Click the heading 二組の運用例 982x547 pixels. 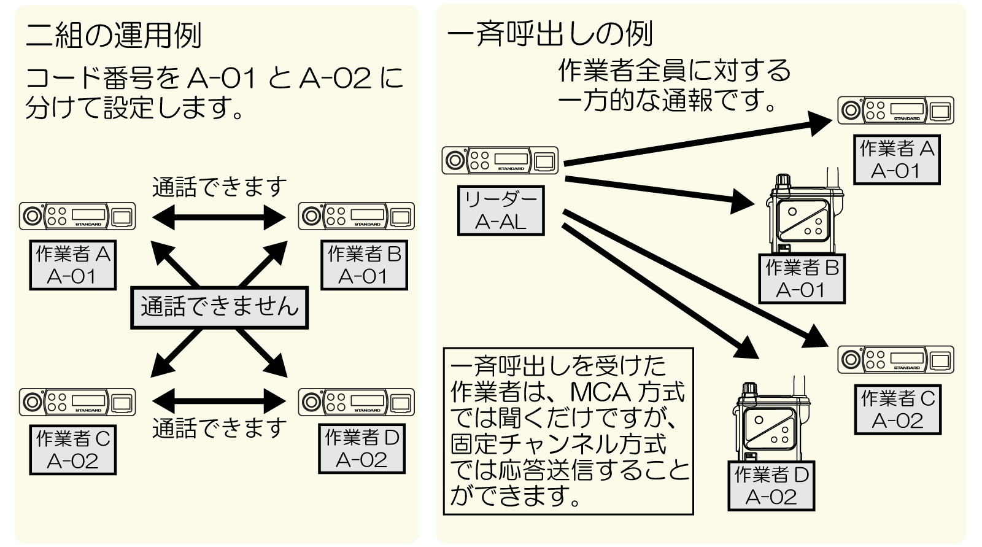point(114,36)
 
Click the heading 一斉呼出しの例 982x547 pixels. point(549,34)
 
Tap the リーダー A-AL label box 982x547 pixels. point(501,211)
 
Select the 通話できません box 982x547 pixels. point(219,307)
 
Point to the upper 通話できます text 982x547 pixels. point(219,187)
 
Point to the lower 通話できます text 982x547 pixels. point(219,428)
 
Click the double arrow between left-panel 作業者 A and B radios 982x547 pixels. point(219,217)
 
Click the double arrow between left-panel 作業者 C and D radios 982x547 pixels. point(219,402)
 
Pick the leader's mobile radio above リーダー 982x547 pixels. point(500,160)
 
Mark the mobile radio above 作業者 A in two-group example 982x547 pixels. point(77,216)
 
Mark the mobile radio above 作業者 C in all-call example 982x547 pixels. point(895,359)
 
